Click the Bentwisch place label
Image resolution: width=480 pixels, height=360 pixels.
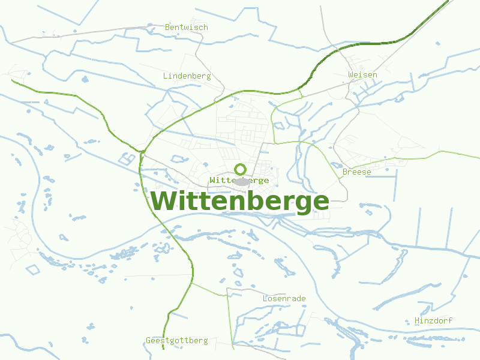(x=187, y=27)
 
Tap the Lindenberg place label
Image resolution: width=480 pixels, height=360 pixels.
(x=187, y=76)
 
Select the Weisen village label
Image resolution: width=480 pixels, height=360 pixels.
(x=363, y=74)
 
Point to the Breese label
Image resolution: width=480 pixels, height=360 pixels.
(x=357, y=172)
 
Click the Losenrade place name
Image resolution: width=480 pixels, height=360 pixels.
(x=284, y=298)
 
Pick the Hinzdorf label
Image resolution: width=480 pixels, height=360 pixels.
(x=434, y=321)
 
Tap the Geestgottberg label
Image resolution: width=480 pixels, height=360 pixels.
(x=177, y=341)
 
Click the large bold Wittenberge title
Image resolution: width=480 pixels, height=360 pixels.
(x=240, y=201)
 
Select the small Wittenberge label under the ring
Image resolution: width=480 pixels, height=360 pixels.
(x=239, y=180)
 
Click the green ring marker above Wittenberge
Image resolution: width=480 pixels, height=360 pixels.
(x=240, y=169)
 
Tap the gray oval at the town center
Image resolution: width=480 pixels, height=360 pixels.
(x=241, y=182)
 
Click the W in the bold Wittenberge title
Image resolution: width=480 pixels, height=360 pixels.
(x=164, y=201)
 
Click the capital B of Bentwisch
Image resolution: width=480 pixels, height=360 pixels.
(x=167, y=27)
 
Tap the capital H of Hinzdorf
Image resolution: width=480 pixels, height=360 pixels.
(x=417, y=321)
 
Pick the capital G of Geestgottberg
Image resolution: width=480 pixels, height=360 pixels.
(x=148, y=341)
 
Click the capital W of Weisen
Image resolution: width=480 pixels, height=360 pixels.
(x=350, y=74)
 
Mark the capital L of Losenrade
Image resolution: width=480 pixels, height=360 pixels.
(x=265, y=298)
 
